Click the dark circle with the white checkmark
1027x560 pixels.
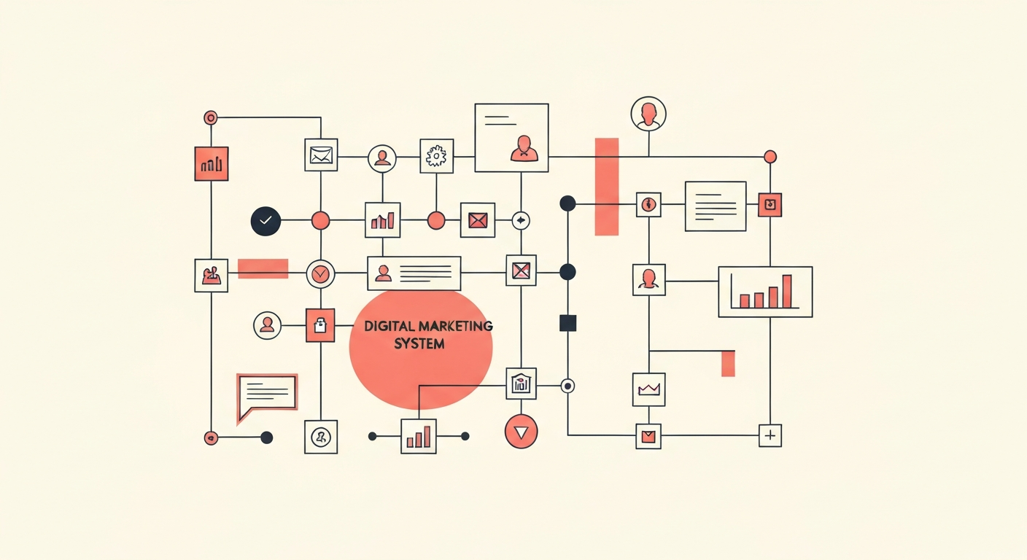266,221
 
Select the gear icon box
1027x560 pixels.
436,156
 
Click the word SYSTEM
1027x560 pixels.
419,343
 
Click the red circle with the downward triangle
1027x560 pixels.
521,432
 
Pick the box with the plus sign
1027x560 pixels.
770,435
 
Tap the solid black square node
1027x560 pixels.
568,323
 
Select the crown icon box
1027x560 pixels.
648,389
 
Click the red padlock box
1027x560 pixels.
320,325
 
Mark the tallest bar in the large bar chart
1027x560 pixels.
787,292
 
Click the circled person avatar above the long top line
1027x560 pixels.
648,114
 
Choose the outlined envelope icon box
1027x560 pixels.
321,155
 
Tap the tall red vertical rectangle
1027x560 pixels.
607,187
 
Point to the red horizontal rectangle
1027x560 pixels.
263,268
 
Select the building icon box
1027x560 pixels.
521,384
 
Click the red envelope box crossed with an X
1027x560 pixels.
478,220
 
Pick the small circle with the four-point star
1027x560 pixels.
521,221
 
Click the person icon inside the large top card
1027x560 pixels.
524,148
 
